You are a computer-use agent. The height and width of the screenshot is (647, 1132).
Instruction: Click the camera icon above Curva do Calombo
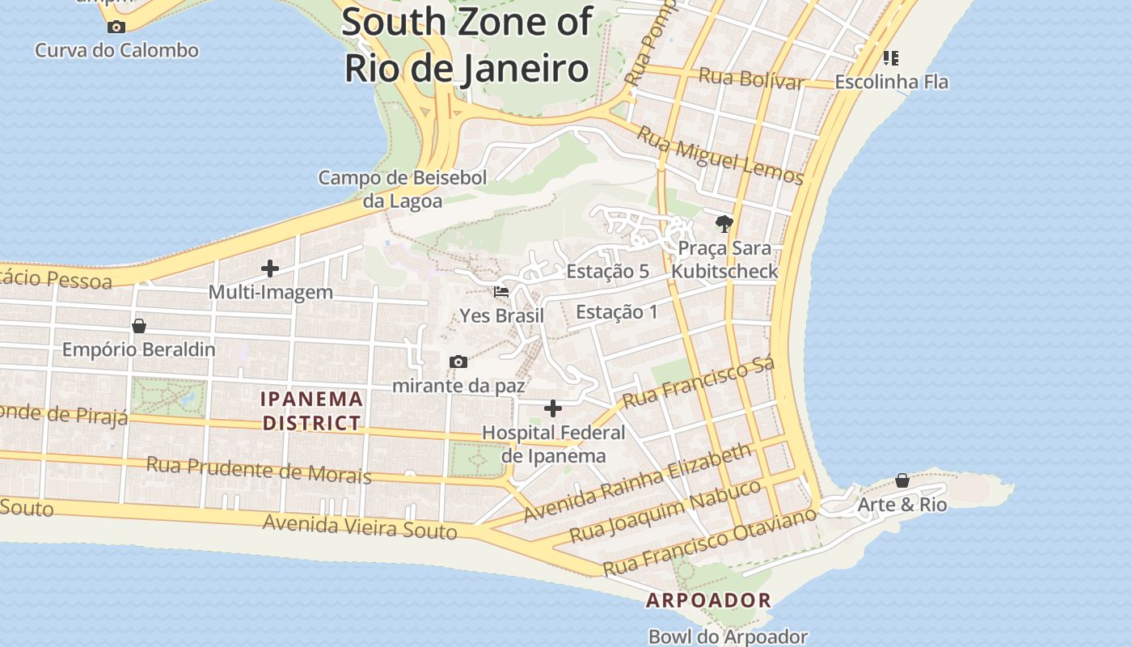coord(116,27)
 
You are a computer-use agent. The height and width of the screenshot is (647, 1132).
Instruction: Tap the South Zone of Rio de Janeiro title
coord(467,44)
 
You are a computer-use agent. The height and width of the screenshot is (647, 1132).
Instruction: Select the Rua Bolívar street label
coord(751,78)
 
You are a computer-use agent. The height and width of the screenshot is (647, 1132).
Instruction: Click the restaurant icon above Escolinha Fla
coord(891,57)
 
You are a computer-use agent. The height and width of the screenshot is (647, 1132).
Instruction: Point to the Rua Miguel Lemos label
coord(720,155)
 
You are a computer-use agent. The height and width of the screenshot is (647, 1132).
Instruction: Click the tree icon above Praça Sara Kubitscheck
coord(724,223)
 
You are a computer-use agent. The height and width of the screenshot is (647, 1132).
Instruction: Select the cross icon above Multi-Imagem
coord(270,269)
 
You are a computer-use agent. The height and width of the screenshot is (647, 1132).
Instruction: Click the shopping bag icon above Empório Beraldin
coord(139,326)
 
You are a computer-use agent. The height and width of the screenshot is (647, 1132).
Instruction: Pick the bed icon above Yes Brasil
coord(501,292)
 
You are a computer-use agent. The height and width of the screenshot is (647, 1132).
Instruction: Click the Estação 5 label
coord(607,271)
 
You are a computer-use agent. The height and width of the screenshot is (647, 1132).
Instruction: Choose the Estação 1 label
coord(616,312)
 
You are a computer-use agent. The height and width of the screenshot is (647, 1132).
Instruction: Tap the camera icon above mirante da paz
coord(458,362)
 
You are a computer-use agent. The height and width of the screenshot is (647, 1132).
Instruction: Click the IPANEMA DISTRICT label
coord(311,411)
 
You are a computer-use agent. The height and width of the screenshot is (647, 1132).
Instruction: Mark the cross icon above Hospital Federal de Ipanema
coord(553,408)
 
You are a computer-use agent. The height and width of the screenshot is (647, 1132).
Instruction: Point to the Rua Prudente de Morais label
coord(259,470)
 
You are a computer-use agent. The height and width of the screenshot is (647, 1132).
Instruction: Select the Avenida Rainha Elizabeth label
coord(638,482)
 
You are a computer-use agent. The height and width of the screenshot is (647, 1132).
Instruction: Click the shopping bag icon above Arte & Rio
coord(902,481)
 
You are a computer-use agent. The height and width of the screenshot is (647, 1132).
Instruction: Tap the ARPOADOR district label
coord(708,601)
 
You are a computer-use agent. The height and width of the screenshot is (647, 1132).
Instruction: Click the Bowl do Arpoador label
coord(728,636)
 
